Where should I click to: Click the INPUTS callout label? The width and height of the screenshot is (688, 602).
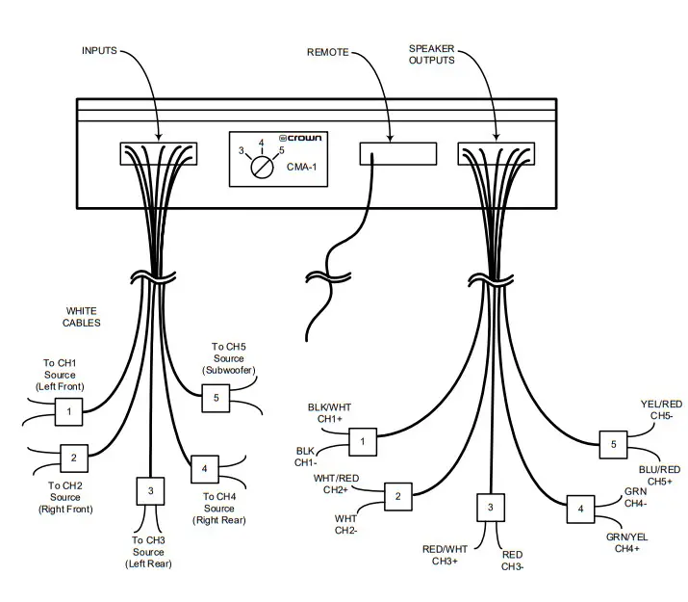(x=100, y=50)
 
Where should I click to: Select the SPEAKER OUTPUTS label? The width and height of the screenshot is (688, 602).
(x=432, y=56)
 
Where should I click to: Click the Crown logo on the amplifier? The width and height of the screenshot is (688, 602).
(x=300, y=138)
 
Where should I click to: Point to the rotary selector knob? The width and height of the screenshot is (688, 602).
(x=261, y=166)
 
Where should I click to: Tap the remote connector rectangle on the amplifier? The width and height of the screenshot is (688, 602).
(x=395, y=155)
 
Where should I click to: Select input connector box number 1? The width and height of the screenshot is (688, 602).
(x=67, y=413)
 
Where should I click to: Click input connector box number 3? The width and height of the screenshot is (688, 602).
(x=150, y=491)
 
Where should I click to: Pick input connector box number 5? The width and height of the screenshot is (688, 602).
(x=216, y=397)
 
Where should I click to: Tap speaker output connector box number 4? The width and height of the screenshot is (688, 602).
(x=580, y=509)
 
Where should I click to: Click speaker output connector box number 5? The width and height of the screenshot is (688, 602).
(x=613, y=445)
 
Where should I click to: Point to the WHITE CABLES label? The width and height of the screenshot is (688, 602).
(x=83, y=317)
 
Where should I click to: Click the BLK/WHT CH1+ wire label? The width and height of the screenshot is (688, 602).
(x=329, y=414)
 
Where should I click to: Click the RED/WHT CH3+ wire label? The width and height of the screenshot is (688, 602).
(x=446, y=555)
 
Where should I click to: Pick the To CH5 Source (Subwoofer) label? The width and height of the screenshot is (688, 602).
(x=229, y=358)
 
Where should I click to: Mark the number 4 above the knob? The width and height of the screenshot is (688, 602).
(x=261, y=143)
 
